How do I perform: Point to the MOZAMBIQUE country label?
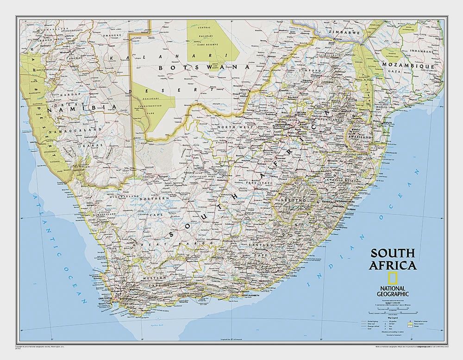click(407, 66)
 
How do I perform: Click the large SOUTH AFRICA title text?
click(392, 259)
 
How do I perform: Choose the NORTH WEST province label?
click(233, 127)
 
